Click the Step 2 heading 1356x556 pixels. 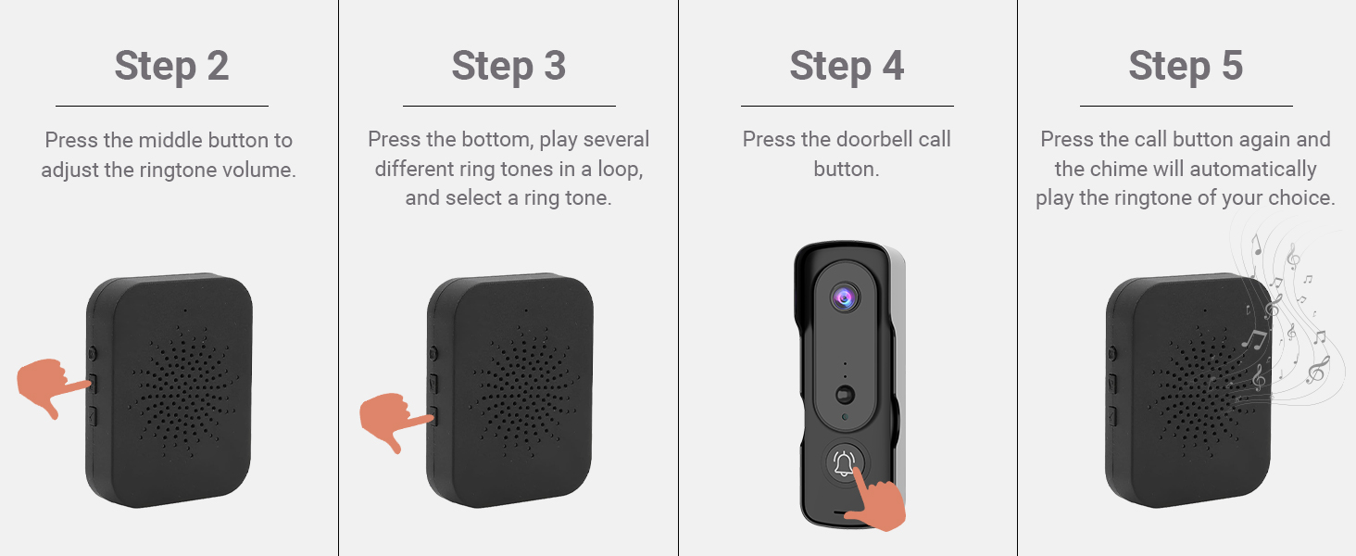click(x=171, y=67)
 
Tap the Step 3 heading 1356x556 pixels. click(x=508, y=67)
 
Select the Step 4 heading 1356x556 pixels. click(x=847, y=67)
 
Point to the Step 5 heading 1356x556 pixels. click(x=1186, y=67)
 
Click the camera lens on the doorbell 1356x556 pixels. click(x=844, y=297)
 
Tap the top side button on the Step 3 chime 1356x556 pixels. click(x=433, y=353)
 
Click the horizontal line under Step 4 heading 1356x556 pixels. click(x=847, y=106)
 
